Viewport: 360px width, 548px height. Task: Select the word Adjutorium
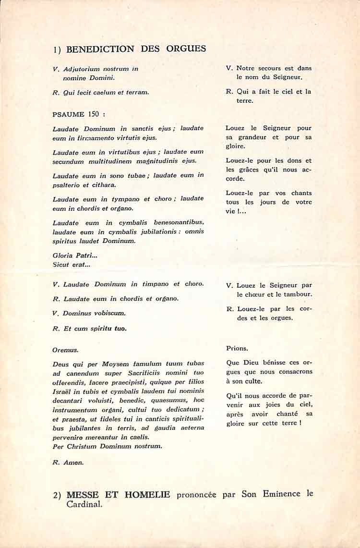click(x=81, y=69)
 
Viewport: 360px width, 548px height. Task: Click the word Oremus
click(x=66, y=350)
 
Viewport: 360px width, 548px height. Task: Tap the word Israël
click(x=63, y=391)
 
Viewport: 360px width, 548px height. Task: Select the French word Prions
click(x=237, y=348)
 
